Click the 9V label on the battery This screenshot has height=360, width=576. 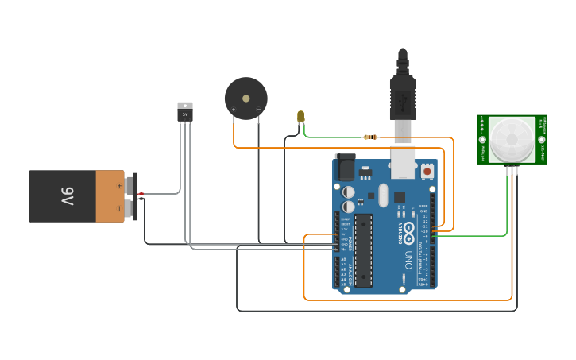coord(67,196)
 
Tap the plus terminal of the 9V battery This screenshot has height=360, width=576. coord(130,185)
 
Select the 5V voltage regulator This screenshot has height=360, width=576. coord(185,112)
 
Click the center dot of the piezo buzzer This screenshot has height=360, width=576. coord(245,99)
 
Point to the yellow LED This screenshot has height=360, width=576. coord(300,116)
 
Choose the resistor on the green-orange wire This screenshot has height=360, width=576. coord(370,137)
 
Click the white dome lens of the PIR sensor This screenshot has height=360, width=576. coord(511,139)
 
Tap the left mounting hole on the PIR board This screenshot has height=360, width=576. coord(482,140)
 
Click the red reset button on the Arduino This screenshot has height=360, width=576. coord(427,170)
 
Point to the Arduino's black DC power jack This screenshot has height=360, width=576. coord(346,168)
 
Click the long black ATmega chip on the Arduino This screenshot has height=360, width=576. coord(363,250)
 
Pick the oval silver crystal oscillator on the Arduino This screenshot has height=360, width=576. coord(383,195)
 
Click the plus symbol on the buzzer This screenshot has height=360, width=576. coord(234,109)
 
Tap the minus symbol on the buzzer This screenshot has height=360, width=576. coord(258,109)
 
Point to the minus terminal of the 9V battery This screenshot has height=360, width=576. coord(130,208)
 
